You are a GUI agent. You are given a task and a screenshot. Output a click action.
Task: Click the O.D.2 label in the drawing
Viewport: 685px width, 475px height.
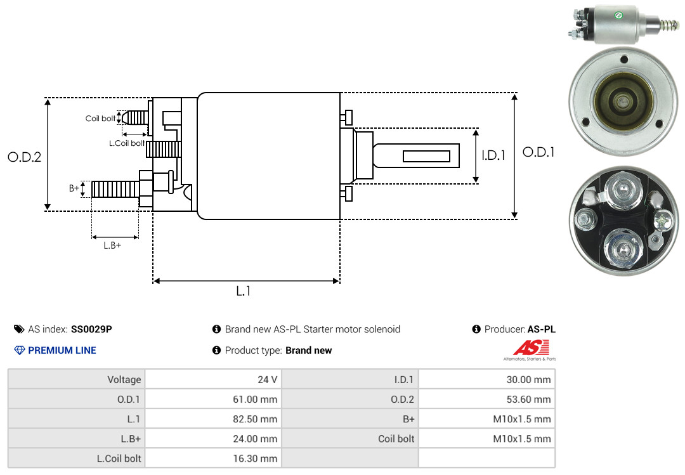[x=25, y=157]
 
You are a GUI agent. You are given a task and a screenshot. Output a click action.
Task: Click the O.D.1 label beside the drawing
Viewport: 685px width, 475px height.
[x=538, y=152]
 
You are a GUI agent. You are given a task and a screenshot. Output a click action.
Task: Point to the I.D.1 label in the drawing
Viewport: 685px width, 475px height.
[x=493, y=155]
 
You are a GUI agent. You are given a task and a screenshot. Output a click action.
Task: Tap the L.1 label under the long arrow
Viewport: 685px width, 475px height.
[x=244, y=291]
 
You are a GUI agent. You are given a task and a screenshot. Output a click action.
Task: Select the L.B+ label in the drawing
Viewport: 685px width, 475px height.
[x=112, y=245]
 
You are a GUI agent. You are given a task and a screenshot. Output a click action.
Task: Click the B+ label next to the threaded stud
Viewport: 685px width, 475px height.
[x=74, y=188]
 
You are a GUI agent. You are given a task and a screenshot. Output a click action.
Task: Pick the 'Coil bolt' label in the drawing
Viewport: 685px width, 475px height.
[x=100, y=119]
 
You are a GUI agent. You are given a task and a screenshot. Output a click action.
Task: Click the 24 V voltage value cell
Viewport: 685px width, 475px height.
[x=268, y=379]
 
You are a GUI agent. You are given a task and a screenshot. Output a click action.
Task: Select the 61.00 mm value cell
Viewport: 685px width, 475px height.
[x=255, y=399]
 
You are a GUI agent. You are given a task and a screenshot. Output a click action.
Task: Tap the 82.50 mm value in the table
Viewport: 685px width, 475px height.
[x=255, y=419]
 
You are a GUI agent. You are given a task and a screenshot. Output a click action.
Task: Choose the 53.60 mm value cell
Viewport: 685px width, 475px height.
[x=528, y=399]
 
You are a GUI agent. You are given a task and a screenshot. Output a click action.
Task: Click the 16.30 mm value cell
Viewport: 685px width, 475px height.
[x=255, y=459]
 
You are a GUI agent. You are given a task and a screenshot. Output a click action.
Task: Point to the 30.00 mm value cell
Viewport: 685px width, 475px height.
[x=528, y=379]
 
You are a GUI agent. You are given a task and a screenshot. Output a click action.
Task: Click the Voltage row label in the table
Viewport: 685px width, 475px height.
[x=124, y=379]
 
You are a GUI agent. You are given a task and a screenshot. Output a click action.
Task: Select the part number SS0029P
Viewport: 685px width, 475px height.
[x=91, y=329]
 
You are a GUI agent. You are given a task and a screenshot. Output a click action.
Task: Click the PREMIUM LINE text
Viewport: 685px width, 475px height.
[x=62, y=350]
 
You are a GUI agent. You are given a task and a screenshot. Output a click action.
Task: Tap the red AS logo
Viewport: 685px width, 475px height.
[x=532, y=348]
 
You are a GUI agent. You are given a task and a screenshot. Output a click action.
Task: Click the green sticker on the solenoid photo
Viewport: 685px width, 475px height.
[x=618, y=16]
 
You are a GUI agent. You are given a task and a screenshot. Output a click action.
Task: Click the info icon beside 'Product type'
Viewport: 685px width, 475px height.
[x=216, y=350]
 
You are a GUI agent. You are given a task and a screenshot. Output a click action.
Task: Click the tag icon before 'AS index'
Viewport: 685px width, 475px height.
[x=19, y=329]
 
